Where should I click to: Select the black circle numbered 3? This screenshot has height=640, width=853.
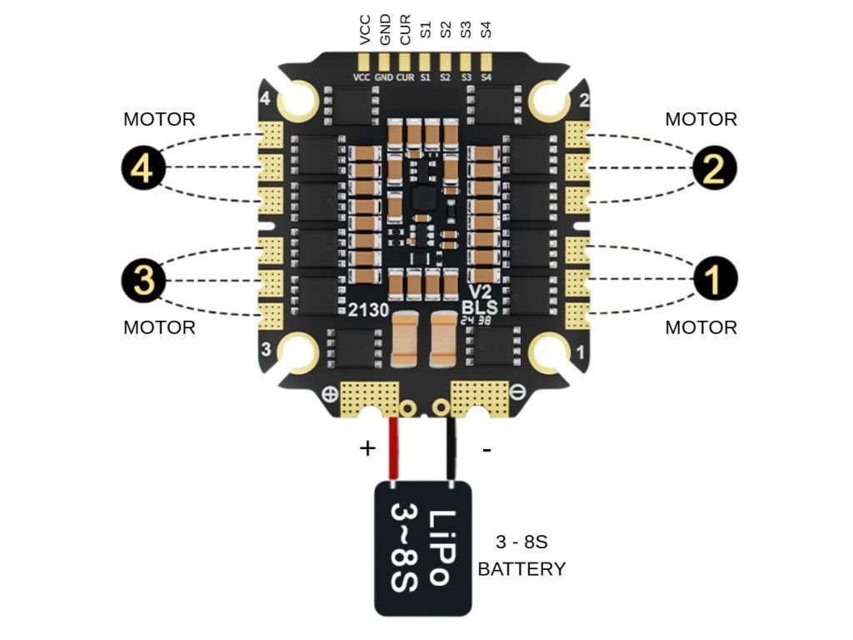(142, 280)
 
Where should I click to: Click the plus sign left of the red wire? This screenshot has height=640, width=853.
(367, 448)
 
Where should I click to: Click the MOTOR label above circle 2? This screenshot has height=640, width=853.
(701, 119)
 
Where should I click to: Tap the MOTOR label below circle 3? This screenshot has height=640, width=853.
(159, 327)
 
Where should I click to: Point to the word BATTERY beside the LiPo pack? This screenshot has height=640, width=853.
(521, 569)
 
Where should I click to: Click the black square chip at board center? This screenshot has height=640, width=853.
(423, 197)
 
